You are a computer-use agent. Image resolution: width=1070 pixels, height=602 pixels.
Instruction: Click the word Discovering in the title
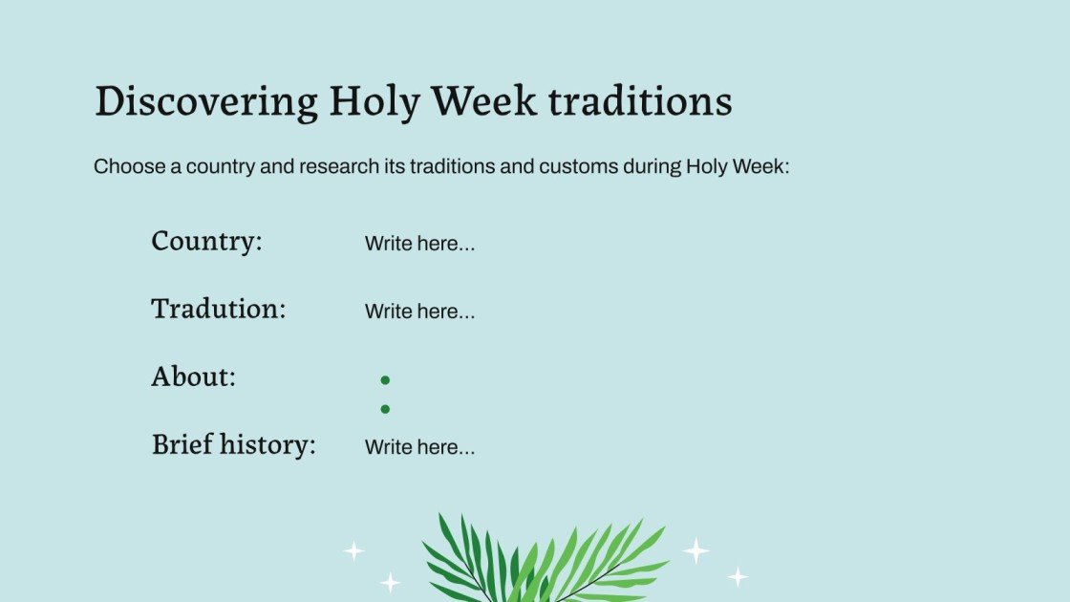(x=205, y=102)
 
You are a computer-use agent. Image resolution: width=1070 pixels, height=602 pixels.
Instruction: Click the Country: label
(x=206, y=241)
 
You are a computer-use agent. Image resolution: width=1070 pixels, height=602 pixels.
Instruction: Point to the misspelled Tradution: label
(x=218, y=309)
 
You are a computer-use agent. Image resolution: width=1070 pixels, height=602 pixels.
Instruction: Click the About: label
(x=193, y=376)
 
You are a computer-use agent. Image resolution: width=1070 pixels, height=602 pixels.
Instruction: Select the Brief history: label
(x=233, y=444)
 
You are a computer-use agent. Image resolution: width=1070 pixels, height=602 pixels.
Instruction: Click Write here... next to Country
(x=419, y=244)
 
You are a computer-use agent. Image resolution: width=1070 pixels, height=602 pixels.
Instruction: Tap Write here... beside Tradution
(x=419, y=312)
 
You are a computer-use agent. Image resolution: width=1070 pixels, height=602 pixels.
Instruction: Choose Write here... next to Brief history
(x=419, y=447)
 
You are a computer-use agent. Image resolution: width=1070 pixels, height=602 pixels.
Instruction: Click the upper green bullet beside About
(x=385, y=380)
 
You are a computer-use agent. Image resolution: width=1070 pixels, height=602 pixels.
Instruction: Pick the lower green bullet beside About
(x=385, y=409)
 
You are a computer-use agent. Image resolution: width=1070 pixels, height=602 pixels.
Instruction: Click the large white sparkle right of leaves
(x=695, y=550)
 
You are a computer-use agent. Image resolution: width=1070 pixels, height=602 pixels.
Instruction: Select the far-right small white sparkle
(x=738, y=576)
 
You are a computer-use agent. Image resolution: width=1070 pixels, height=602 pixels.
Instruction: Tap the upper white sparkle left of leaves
(x=353, y=550)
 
